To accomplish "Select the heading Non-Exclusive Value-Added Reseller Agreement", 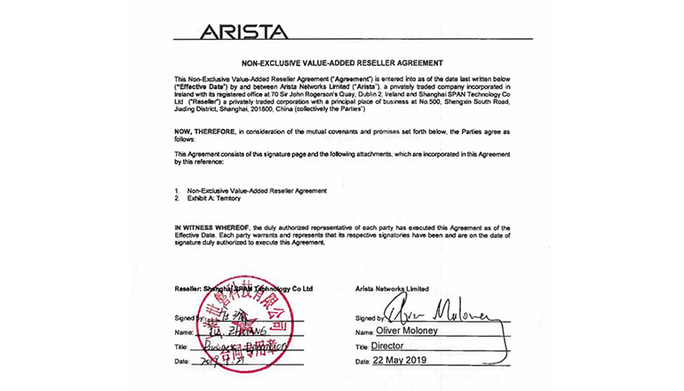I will pyautogui.click(x=341, y=64).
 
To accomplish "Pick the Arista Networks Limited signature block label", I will pyautogui.click(x=392, y=289).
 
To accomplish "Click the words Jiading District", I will pyautogui.click(x=199, y=108).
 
